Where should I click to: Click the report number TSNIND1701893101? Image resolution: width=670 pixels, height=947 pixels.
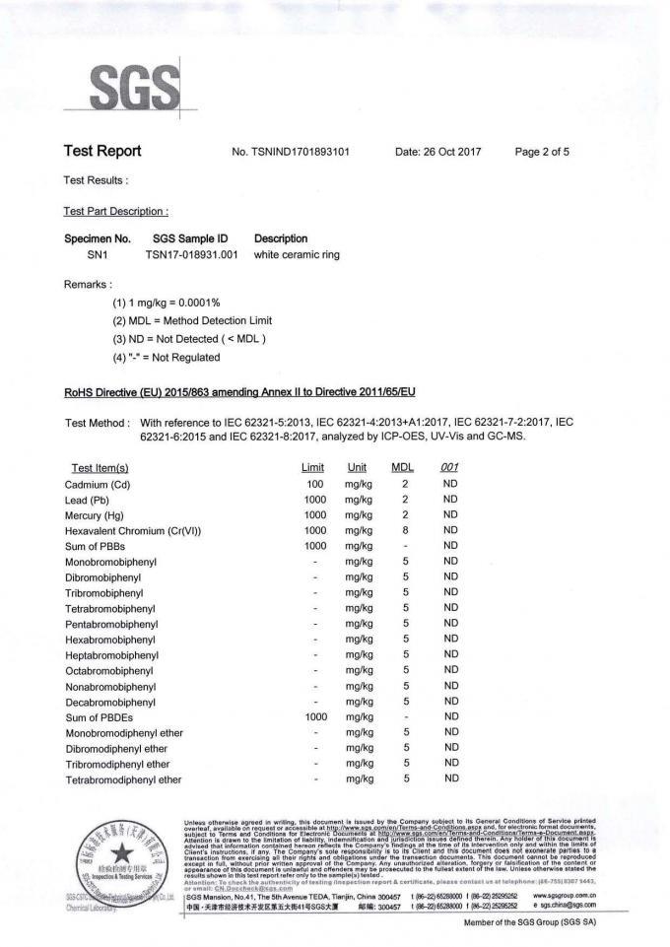pyautogui.click(x=291, y=152)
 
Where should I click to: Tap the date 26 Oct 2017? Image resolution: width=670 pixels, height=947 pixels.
pyautogui.click(x=437, y=152)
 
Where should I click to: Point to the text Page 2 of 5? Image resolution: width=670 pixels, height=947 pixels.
pyautogui.click(x=542, y=152)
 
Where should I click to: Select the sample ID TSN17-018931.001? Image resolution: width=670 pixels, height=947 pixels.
pyautogui.click(x=191, y=254)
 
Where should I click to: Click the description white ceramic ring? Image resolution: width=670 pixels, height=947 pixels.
pyautogui.click(x=297, y=254)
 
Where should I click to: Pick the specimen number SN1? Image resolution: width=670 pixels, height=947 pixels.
pyautogui.click(x=98, y=254)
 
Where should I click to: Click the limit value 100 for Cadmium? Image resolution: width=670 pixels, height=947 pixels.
pyautogui.click(x=315, y=484)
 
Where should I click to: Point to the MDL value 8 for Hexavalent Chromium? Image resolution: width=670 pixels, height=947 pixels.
pyautogui.click(x=406, y=530)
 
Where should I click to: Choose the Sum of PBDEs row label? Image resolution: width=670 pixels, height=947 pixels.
pyautogui.click(x=102, y=717)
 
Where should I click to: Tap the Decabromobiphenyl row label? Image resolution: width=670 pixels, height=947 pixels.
pyautogui.click(x=110, y=702)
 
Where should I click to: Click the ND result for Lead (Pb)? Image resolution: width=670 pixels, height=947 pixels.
pyautogui.click(x=450, y=500)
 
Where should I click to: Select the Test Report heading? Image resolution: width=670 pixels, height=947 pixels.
pyautogui.click(x=102, y=151)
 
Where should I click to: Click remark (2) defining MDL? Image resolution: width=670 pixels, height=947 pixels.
pyautogui.click(x=192, y=320)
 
